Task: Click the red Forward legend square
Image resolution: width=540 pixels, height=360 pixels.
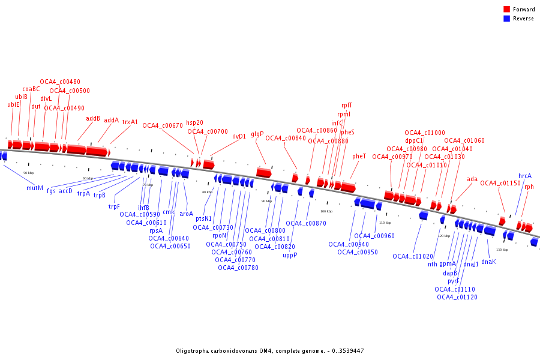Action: (506, 10)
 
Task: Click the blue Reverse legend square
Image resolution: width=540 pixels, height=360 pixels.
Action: (506, 19)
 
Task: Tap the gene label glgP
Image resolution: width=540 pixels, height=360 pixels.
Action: (257, 134)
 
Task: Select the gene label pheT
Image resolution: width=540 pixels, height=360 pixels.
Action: (359, 156)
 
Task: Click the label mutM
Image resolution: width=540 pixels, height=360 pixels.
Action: (35, 188)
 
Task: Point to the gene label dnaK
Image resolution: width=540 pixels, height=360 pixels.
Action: (488, 262)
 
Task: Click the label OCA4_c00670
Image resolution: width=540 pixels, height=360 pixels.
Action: (162, 125)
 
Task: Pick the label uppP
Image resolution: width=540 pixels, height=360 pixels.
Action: (290, 255)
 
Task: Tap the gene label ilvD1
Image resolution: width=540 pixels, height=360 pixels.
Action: (239, 136)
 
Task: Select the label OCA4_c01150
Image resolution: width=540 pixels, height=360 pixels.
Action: (500, 183)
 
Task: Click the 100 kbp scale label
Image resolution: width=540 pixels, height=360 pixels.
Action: (326, 211)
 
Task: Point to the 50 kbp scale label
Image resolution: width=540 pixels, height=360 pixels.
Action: (28, 173)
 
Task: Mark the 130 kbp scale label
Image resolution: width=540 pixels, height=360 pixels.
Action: (502, 250)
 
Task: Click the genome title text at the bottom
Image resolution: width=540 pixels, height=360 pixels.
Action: (270, 350)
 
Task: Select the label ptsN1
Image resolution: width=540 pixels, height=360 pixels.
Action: (203, 218)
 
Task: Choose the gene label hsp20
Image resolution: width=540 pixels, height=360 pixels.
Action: (194, 122)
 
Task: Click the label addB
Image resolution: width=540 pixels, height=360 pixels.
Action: (93, 118)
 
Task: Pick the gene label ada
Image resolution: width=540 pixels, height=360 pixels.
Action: (472, 179)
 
